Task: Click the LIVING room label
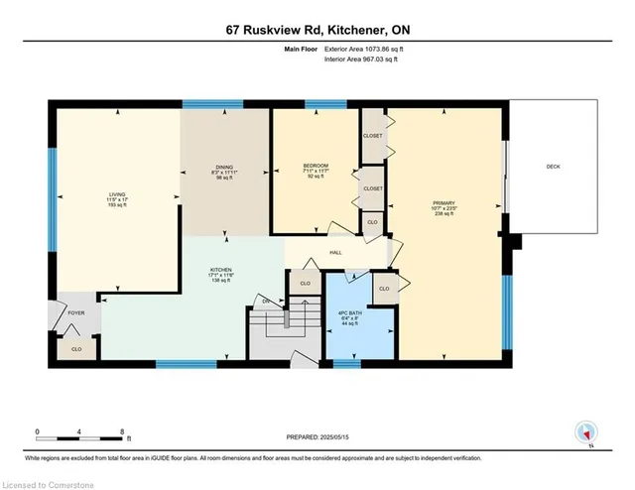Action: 117,196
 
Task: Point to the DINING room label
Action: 224,170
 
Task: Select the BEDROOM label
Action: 317,165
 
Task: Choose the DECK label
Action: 553,167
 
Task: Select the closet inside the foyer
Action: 76,348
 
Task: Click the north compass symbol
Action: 586,433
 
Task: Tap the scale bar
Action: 79,431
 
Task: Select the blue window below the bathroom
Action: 346,364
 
